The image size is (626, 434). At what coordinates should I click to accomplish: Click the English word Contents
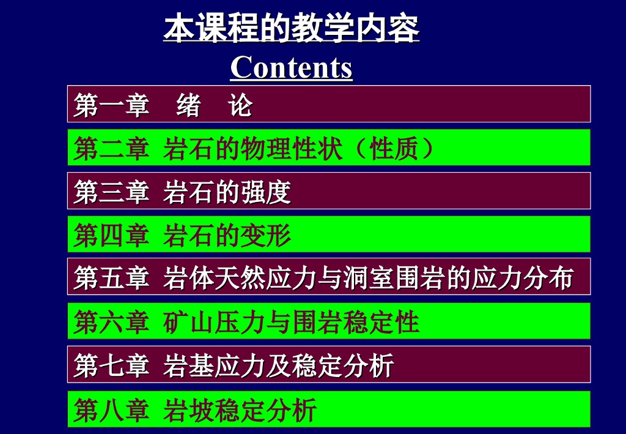point(292,67)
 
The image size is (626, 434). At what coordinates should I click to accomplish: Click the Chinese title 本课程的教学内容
point(292,28)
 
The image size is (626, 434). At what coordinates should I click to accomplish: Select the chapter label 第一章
point(112,105)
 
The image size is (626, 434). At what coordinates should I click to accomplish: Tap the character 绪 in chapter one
point(188,105)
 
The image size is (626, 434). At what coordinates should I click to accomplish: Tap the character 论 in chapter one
point(240,105)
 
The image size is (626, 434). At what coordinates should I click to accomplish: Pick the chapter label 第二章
point(112,149)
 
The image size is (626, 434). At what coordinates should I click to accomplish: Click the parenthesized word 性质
point(394,149)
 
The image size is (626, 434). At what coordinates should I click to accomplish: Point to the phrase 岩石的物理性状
point(252,149)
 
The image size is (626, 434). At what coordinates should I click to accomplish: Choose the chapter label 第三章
point(112,192)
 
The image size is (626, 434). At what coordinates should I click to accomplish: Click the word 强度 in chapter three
point(266,192)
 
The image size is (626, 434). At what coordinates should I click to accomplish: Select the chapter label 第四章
point(112,235)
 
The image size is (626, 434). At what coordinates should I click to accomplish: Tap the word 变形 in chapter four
point(266,235)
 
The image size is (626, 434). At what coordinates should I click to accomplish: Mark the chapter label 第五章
point(112,278)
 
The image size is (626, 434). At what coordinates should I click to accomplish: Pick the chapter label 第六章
point(112,322)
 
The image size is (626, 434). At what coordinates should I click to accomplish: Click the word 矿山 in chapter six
point(188,322)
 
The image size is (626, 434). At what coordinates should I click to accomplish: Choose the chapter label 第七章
point(112,365)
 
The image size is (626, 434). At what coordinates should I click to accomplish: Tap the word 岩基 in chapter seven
point(188,365)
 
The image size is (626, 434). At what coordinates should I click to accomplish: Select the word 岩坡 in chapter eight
point(188,410)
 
